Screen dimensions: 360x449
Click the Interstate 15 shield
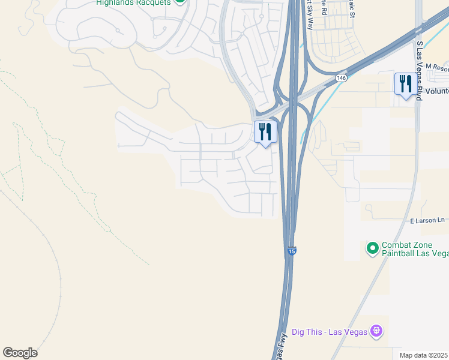pyautogui.click(x=291, y=251)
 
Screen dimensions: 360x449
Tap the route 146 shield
pyautogui.click(x=341, y=78)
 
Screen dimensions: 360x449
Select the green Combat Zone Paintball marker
pyautogui.click(x=372, y=247)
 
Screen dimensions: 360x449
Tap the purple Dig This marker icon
pyautogui.click(x=376, y=331)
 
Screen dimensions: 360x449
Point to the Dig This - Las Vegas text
pyautogui.click(x=330, y=331)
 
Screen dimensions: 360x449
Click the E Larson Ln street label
pyautogui.click(x=429, y=221)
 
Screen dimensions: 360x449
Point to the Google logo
pyautogui.click(x=20, y=353)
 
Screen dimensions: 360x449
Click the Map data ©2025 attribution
pyautogui.click(x=424, y=355)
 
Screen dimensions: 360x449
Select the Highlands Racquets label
pyautogui.click(x=133, y=2)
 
